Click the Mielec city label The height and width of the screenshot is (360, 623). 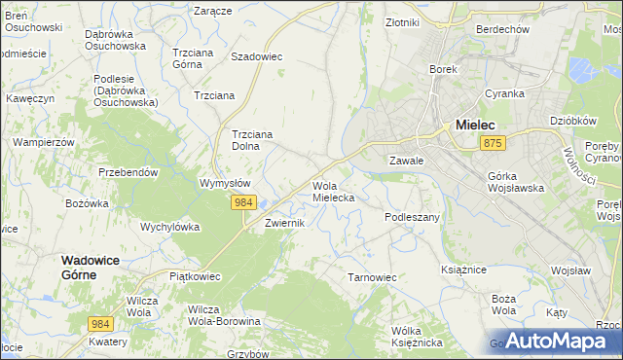click(476, 125)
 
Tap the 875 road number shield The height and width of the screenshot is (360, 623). click(493, 143)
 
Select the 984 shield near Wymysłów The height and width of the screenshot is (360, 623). click(243, 201)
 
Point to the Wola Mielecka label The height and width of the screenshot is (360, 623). click(333, 191)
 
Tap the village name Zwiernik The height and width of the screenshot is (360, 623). click(286, 223)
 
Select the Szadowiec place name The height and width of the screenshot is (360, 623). click(256, 56)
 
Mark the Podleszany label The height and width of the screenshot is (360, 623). click(413, 217)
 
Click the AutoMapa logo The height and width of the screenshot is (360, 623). click(556, 341)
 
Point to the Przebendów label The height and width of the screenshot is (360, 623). click(128, 171)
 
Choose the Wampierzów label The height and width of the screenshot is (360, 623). click(43, 141)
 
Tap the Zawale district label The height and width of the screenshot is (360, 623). click(406, 160)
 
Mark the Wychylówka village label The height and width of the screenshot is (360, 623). click(170, 227)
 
